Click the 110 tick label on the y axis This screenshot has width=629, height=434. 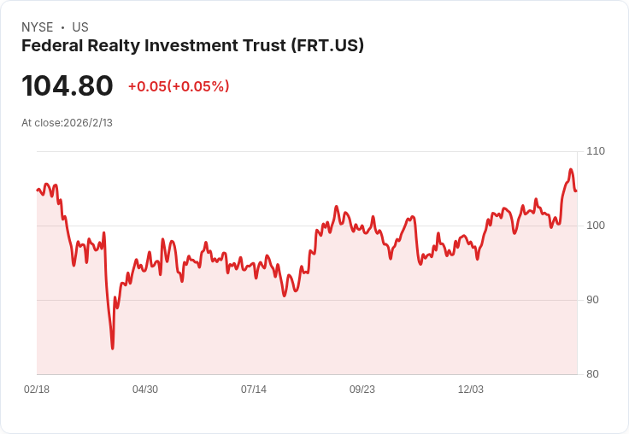[596, 151]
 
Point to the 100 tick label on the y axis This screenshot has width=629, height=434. [596, 226]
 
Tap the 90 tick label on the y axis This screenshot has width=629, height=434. [592, 300]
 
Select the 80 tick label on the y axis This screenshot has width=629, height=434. [592, 374]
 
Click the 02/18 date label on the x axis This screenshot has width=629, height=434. [37, 389]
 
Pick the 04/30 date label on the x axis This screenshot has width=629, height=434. [145, 389]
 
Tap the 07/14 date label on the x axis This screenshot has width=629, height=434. [254, 389]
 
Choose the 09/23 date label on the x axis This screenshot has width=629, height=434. [362, 389]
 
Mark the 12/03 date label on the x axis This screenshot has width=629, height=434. [471, 389]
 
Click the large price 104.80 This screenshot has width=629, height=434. [68, 85]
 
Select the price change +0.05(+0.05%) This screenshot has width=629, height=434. [179, 86]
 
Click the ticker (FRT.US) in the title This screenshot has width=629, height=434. [327, 46]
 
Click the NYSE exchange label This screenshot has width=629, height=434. [38, 27]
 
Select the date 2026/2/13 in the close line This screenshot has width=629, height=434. [88, 123]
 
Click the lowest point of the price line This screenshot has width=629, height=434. [112, 349]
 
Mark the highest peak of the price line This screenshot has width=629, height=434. [571, 170]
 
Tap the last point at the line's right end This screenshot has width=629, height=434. [576, 191]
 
